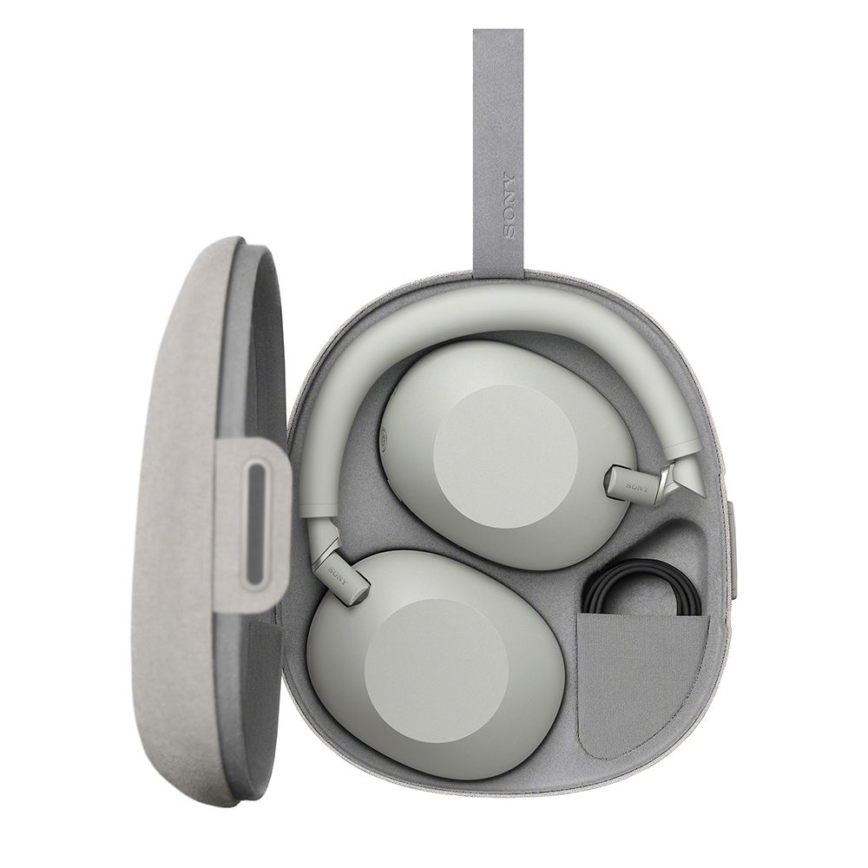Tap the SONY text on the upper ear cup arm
click(x=636, y=487)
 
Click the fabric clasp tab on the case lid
click(x=253, y=523)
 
